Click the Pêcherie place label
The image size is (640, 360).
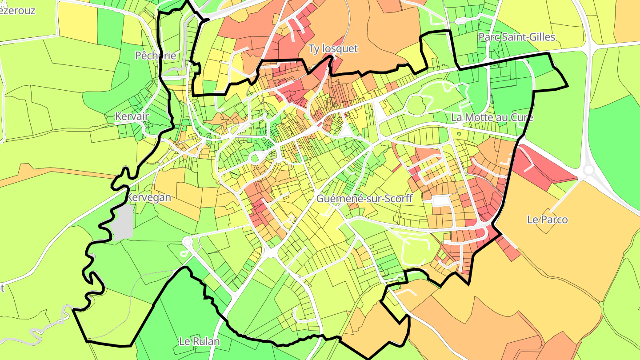point(156,56)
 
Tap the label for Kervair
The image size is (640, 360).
point(132,116)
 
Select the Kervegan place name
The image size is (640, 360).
point(149,197)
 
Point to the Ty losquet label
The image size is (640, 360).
point(333,48)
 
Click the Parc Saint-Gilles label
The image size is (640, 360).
point(517,37)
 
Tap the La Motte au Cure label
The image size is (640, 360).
point(492,117)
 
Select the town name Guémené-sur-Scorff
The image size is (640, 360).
point(364,199)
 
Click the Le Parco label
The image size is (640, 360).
point(547,219)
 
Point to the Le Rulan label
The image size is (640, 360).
point(200,341)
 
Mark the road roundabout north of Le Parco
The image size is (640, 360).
point(590,170)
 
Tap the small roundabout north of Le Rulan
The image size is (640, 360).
point(187,241)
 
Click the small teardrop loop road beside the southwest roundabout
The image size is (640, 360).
point(184,253)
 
